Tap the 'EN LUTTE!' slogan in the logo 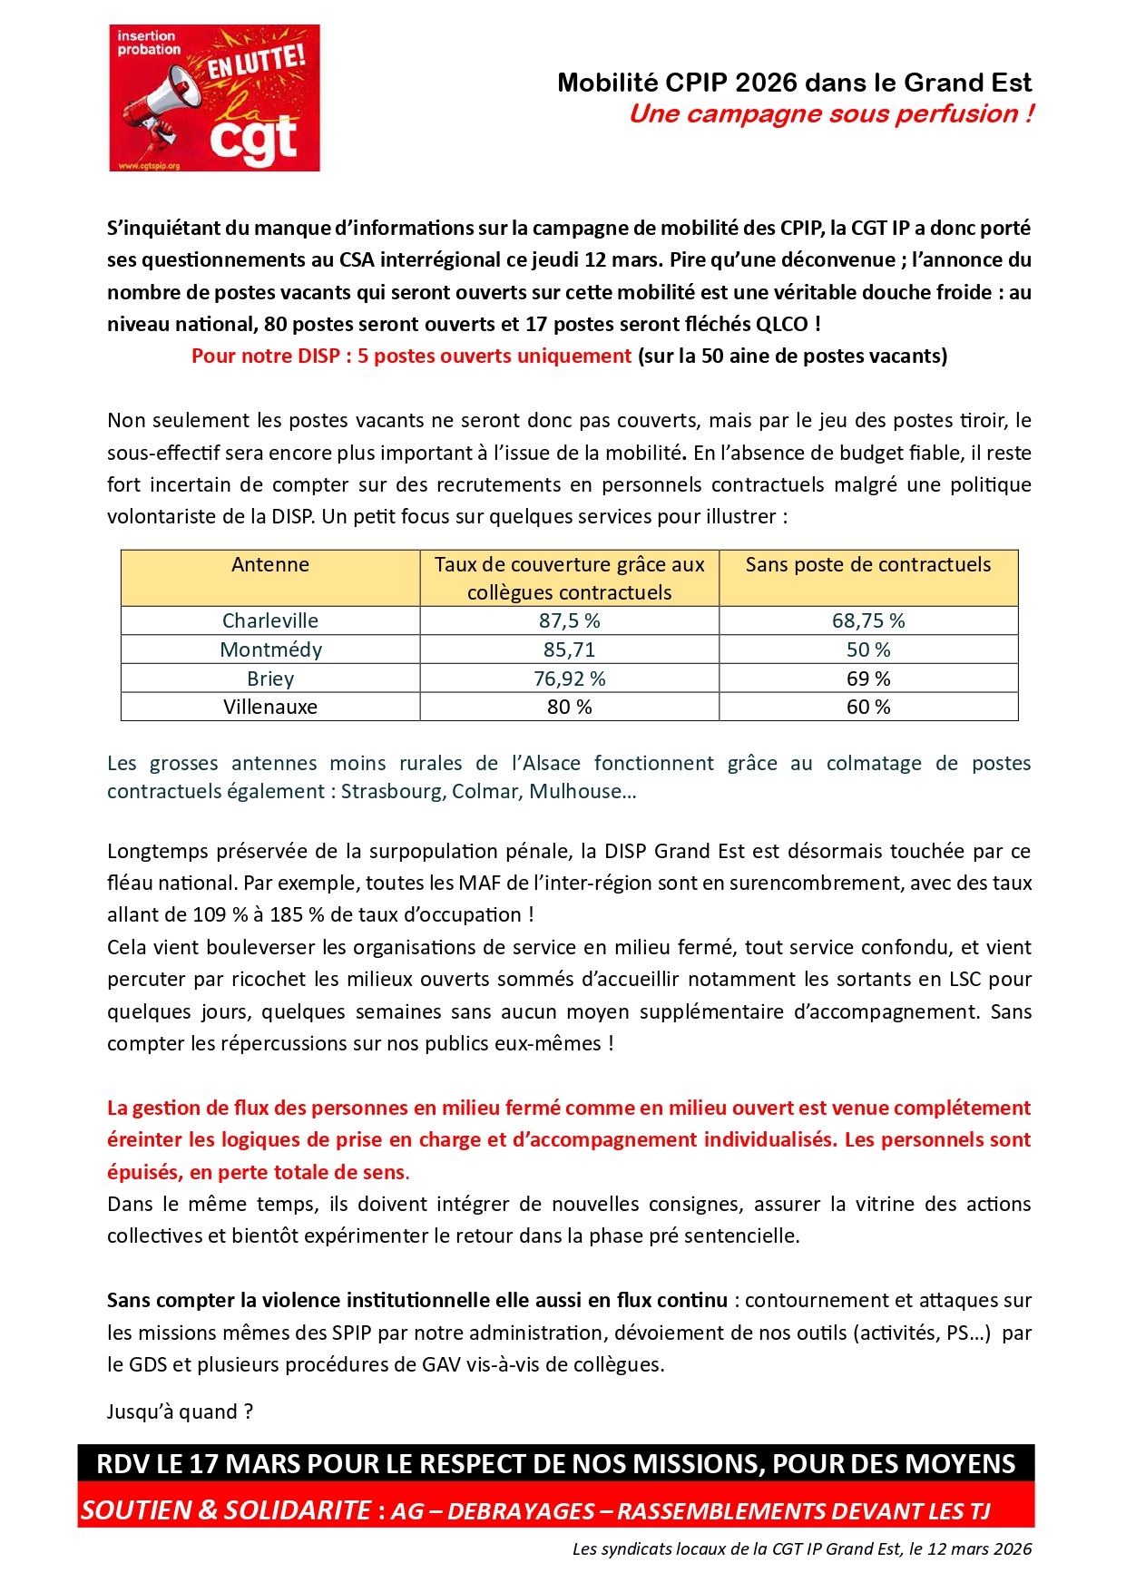coord(256,62)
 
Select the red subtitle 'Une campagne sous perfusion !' coord(831,114)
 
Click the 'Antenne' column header coord(270,565)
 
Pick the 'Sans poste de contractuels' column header coord(868,565)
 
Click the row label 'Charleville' coord(270,621)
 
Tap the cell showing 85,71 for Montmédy coord(570,650)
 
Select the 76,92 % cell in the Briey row coord(570,679)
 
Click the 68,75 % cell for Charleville coord(868,621)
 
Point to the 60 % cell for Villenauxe coord(868,708)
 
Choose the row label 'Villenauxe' coord(270,708)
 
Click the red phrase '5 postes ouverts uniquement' coord(494,356)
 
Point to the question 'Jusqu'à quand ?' coord(180,1412)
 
